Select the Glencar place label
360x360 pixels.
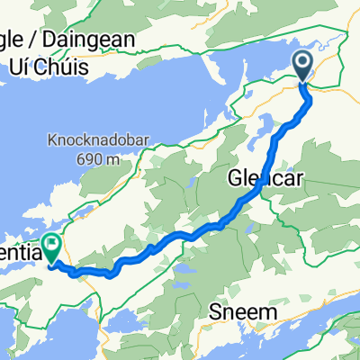[x=266, y=177]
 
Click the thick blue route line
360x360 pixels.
[x=180, y=236]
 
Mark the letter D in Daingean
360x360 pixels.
[x=58, y=40]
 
